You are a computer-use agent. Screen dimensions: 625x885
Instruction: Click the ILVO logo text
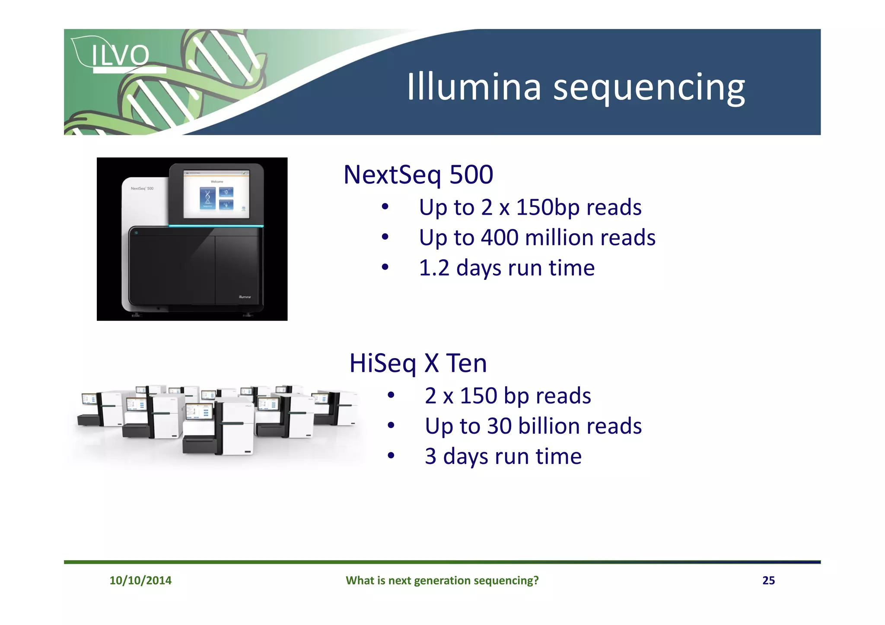[120, 55]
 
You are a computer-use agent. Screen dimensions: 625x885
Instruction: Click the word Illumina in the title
[474, 87]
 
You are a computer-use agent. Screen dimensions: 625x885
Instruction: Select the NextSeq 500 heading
[418, 174]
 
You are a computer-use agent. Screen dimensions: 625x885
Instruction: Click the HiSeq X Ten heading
[418, 363]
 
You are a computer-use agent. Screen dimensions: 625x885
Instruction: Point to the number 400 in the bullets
[500, 238]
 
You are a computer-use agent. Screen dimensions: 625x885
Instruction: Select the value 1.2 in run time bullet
[434, 268]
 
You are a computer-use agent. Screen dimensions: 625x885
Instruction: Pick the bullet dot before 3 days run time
[391, 456]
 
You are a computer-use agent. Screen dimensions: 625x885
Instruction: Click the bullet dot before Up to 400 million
[385, 237]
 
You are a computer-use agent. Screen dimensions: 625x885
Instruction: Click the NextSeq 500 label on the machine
[142, 188]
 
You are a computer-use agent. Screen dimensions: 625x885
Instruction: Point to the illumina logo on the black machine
[245, 297]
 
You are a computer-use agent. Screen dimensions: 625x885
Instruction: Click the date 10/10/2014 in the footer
[140, 580]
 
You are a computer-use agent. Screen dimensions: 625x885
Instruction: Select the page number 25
[768, 580]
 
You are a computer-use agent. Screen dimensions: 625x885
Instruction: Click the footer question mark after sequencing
[536, 580]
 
